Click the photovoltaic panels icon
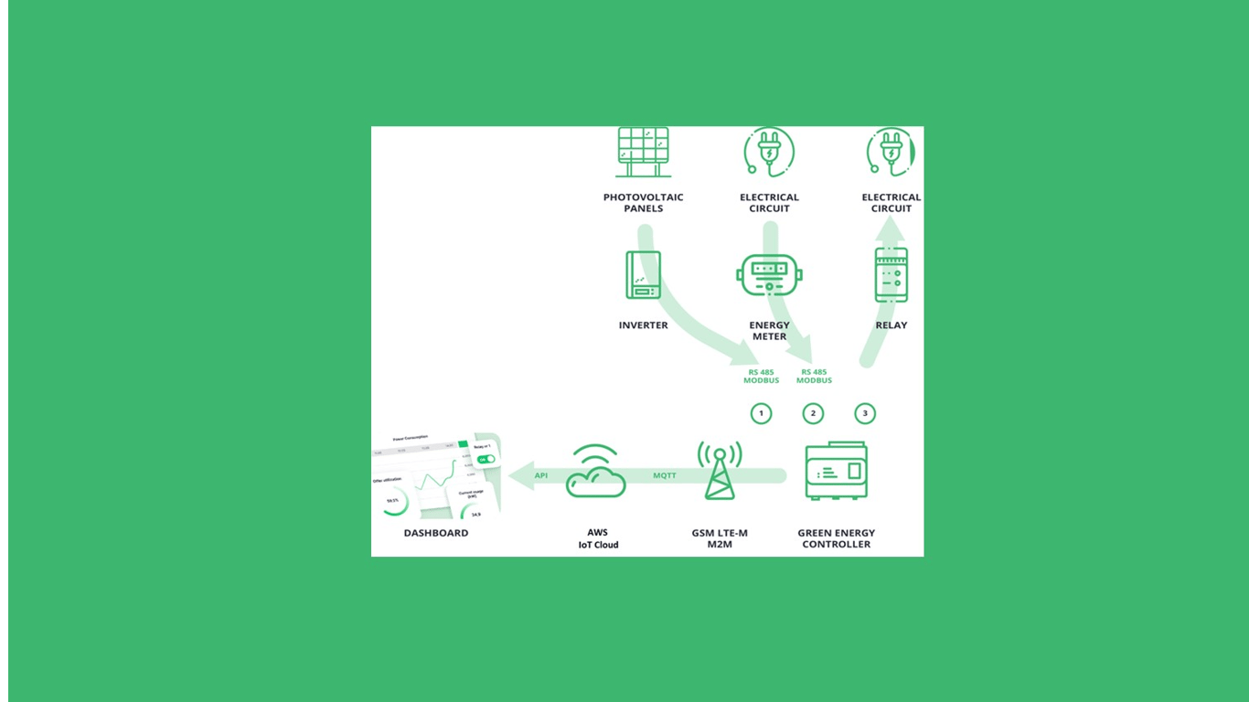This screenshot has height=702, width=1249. (x=644, y=152)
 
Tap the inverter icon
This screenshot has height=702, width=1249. (x=644, y=275)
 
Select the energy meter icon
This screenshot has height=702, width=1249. (x=769, y=275)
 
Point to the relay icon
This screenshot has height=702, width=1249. (x=891, y=274)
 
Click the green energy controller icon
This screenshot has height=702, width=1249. (x=836, y=471)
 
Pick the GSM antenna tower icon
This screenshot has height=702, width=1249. (x=720, y=470)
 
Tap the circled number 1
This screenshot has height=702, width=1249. (x=761, y=413)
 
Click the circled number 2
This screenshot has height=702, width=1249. (x=813, y=413)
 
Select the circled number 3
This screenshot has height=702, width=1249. (x=865, y=413)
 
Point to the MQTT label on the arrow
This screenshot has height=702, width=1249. (x=665, y=475)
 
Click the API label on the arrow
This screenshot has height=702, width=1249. (x=541, y=475)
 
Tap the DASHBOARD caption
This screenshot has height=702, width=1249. (x=436, y=533)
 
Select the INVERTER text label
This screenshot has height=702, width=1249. (x=644, y=325)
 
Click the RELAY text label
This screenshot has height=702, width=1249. (x=891, y=325)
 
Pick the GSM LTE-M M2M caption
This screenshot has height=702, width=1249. (x=720, y=538)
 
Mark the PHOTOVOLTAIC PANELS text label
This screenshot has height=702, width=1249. (x=644, y=203)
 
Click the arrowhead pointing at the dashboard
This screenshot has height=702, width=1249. (x=520, y=475)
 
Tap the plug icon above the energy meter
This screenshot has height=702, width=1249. (x=769, y=152)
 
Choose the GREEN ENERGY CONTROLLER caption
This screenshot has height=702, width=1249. (x=836, y=538)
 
